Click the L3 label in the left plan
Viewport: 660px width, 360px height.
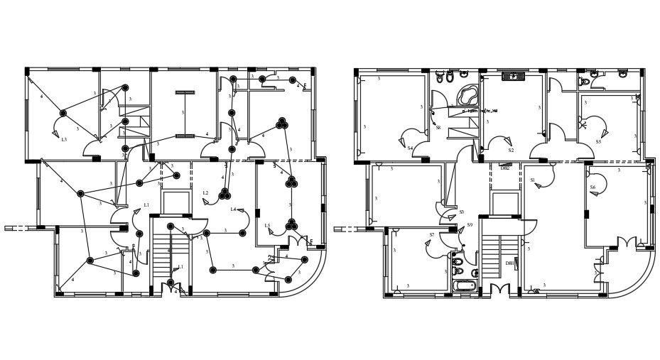coord(64,139)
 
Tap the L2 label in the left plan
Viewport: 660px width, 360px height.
coord(205,192)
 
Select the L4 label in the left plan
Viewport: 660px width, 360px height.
coord(233,209)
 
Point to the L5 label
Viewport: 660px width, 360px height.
coord(267,226)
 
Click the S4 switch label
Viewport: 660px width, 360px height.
coord(411,148)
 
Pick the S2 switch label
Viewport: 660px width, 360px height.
coord(511,151)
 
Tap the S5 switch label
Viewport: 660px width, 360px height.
coord(598,142)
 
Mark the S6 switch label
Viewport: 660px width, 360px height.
coord(593,187)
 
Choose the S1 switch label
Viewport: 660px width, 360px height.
coord(532,180)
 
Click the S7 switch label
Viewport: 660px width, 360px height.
coord(431,235)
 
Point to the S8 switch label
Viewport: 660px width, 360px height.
coord(438,128)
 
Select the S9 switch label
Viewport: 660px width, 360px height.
coord(470,225)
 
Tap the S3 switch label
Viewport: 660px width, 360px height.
coord(461,212)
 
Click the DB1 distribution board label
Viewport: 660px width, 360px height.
coord(509,263)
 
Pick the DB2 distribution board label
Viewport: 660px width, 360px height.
coord(505,168)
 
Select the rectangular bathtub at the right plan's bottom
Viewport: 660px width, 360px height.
coord(464,286)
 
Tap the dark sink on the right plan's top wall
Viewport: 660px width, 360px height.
coord(512,76)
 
